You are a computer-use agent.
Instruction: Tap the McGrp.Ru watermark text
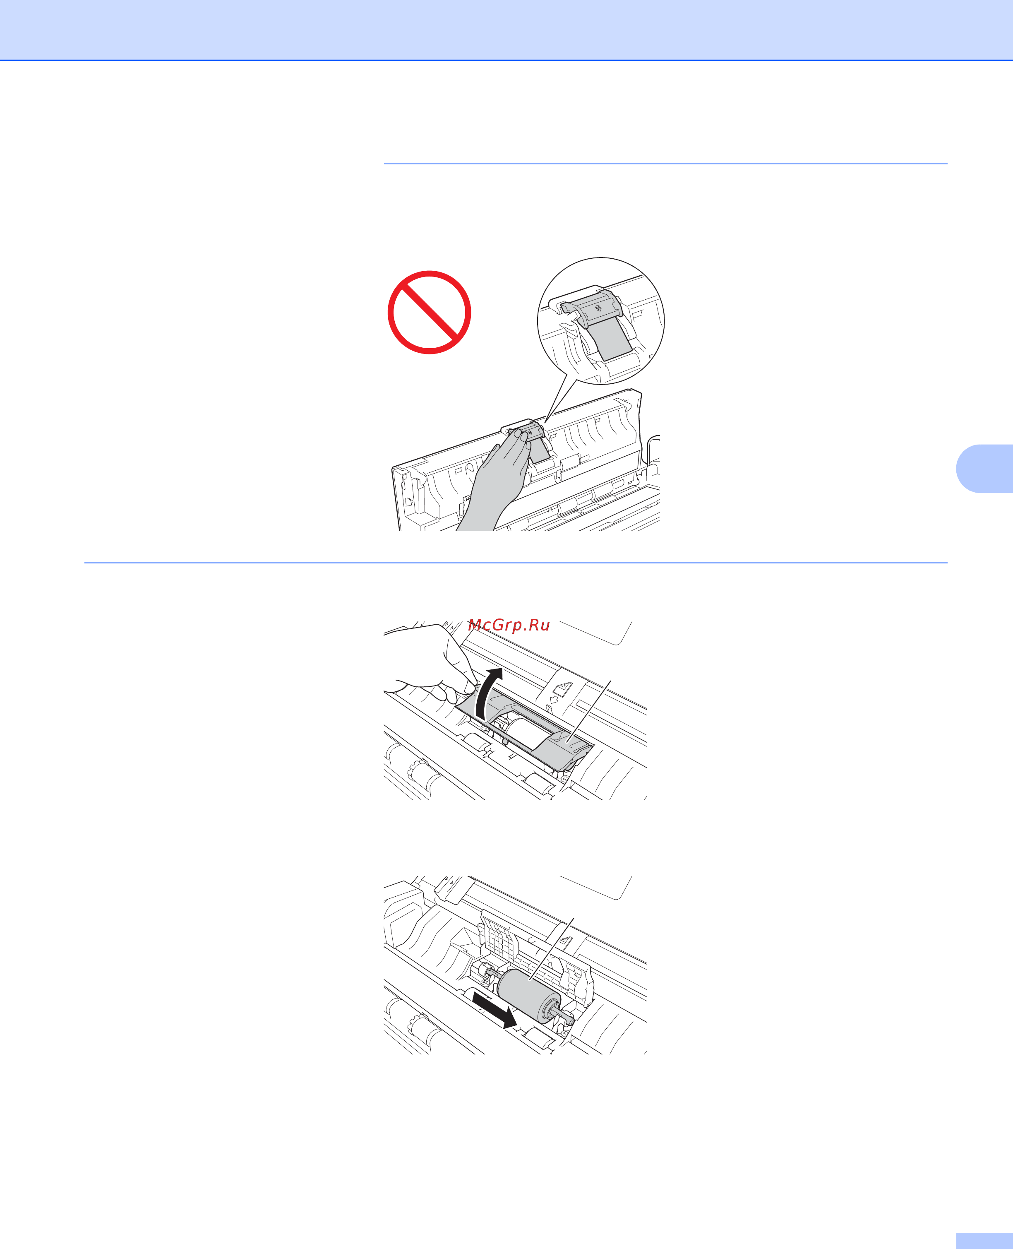(509, 625)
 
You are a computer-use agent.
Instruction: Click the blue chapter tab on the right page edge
(985, 469)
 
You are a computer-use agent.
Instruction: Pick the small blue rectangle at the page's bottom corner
(985, 1241)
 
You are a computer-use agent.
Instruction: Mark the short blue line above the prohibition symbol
(665, 164)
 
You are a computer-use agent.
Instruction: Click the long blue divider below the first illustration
(516, 563)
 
